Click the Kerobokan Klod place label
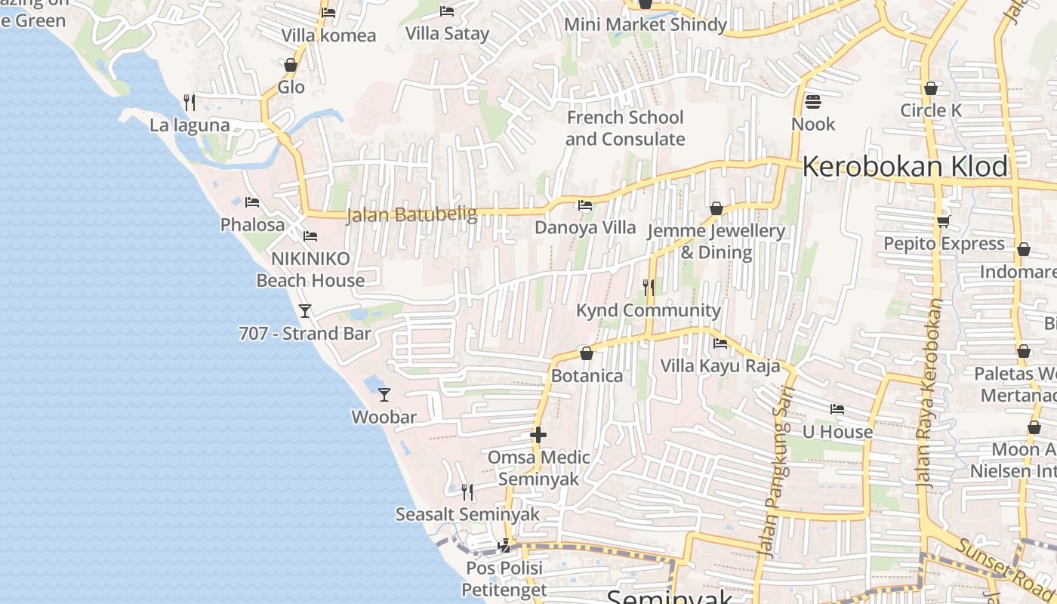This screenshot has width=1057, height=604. tap(905, 167)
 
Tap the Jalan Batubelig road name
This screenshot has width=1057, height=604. tap(411, 215)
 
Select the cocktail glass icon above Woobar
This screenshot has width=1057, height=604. tap(384, 394)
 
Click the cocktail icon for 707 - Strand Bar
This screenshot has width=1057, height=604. tap(305, 310)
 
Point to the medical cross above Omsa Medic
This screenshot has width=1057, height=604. tap(538, 435)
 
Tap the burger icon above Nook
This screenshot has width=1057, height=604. tap(813, 101)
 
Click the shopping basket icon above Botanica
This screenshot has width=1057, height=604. tap(587, 353)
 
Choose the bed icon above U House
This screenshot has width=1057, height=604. tap(837, 409)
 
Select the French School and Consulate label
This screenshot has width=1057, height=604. tap(625, 128)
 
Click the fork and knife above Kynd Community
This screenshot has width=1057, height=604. tap(649, 288)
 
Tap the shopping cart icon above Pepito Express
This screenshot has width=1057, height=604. tap(944, 221)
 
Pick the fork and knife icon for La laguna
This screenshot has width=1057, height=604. tap(190, 102)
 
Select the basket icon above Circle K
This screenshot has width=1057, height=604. tap(931, 88)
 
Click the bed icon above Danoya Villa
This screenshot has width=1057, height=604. tap(585, 205)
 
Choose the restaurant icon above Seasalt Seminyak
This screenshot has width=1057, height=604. tap(468, 492)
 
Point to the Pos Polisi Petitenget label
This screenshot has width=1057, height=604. tap(504, 578)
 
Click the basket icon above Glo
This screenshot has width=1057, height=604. tap(291, 66)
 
